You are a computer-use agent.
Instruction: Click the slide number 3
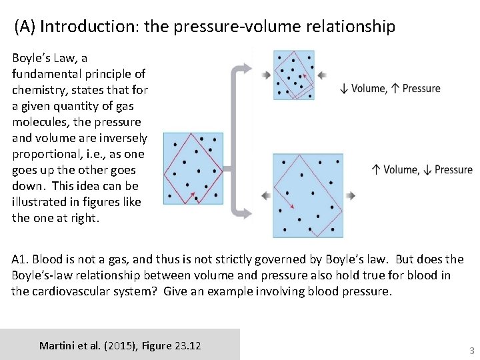(471, 350)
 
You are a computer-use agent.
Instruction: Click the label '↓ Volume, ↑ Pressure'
(390, 88)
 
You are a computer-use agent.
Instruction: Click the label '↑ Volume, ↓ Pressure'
(423, 170)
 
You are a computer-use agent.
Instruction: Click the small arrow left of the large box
(265, 196)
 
